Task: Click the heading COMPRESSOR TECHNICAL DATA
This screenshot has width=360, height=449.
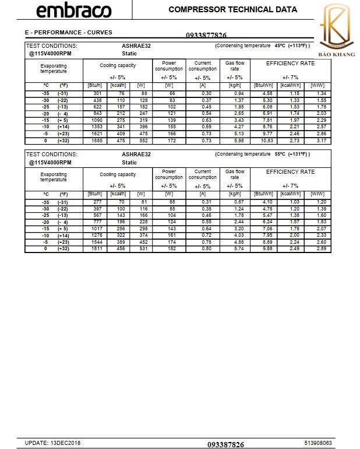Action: coord(232,9)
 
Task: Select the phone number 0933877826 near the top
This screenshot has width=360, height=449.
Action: coord(206,35)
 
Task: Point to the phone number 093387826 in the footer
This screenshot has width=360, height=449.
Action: coord(225,444)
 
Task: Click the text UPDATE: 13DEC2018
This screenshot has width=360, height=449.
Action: coord(52,443)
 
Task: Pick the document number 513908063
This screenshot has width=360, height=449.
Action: coord(317,443)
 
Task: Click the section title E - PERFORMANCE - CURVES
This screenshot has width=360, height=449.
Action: coord(68,33)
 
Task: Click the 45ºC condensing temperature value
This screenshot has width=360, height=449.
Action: coord(280,45)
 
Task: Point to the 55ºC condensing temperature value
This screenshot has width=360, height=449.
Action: coord(280,154)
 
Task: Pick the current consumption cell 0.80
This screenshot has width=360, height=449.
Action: coord(202,249)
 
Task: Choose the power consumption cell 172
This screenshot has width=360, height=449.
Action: coord(169,141)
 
